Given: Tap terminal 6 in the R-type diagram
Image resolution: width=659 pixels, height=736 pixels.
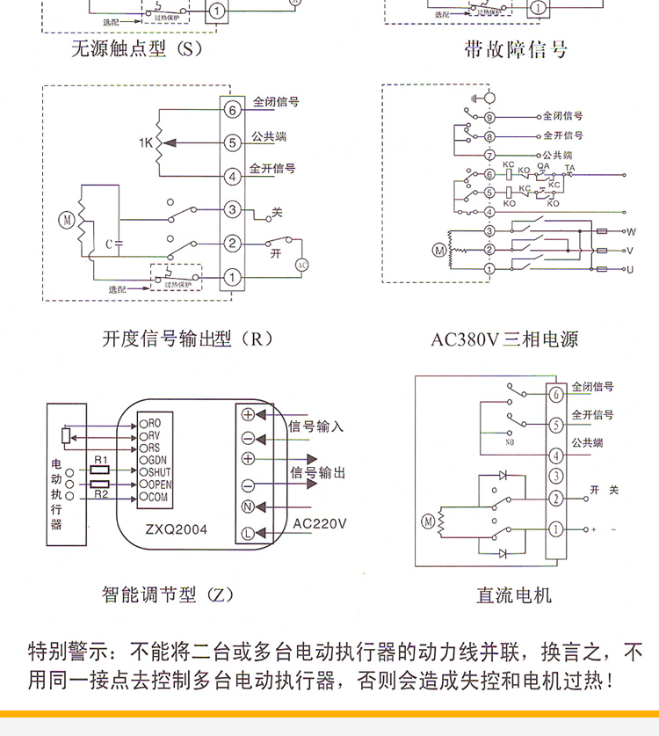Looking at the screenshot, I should coord(231,110).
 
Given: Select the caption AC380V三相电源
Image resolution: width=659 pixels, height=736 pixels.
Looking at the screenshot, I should coord(504,339).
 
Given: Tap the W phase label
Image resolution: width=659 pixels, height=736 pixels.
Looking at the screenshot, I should coord(630,231).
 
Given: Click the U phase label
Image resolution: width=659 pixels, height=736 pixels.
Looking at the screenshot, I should coord(630,268).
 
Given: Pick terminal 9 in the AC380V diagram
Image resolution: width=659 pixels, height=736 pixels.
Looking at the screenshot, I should coord(489,117).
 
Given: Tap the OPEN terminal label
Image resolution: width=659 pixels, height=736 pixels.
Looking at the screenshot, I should coord(160,485).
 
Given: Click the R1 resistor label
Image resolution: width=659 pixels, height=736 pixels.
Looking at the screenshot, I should coord(99,461).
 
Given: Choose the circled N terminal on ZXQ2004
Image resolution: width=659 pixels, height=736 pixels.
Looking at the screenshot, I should coord(248,507).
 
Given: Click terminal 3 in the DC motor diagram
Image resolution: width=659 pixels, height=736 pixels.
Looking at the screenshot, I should coord(555,477).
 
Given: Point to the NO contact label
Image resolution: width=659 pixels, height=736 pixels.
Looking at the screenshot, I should coord(510,442).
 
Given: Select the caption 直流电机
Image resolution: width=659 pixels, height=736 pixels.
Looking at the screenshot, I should coord(514,595).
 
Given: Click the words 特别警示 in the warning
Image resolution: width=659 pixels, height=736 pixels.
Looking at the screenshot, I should coord(64,652).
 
